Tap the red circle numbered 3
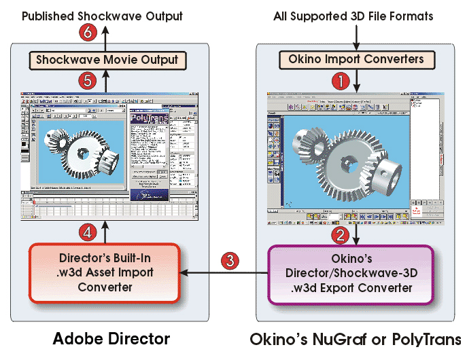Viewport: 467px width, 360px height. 232,259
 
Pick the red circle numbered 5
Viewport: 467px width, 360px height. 86,80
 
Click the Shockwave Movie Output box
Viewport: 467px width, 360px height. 107,60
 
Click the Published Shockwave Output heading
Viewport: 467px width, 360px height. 102,14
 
